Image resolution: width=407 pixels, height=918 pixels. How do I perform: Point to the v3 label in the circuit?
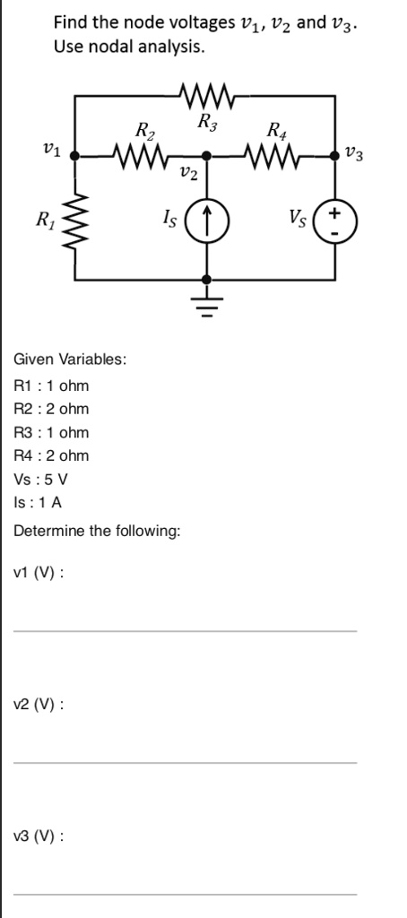coord(354,155)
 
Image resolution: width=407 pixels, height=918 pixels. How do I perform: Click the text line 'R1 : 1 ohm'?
coord(52,385)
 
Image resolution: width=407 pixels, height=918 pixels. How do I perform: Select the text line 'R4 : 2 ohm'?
coord(52,455)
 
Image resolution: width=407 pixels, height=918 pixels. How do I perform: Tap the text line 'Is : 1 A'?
coord(39,502)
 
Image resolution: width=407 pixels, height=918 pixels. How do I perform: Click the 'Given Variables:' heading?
coord(70,359)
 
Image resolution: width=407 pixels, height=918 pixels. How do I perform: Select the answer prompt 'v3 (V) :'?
coord(39,836)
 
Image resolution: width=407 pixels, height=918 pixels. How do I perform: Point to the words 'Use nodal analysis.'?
coord(128,45)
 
